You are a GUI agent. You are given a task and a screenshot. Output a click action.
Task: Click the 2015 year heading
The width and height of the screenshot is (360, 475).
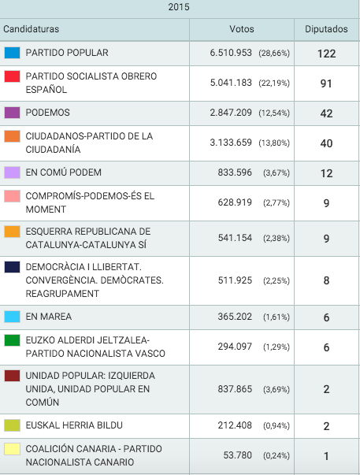179,6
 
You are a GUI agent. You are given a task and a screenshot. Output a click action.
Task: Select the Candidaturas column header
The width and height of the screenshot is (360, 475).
32,29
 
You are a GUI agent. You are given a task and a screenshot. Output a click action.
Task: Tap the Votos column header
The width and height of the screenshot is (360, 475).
242,29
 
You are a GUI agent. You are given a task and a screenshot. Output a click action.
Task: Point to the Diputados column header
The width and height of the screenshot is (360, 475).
326,29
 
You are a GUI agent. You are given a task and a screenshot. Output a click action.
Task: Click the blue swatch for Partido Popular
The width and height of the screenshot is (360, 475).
12,53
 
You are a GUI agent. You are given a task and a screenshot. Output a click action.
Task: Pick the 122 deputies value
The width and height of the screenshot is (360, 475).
326,54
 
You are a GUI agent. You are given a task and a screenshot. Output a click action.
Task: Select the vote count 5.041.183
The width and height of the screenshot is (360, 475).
231,83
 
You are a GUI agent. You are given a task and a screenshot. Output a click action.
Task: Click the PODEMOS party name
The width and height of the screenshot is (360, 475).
47,113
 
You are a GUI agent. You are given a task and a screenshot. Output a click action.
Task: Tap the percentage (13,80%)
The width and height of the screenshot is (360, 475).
274,143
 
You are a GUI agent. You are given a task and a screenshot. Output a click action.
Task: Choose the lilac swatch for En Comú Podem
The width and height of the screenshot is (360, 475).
12,173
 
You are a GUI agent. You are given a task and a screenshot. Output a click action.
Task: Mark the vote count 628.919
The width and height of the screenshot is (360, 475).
235,202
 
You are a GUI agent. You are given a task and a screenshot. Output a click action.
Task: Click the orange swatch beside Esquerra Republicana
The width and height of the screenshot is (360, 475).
12,232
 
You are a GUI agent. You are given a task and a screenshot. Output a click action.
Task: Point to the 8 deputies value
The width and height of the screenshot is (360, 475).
326,280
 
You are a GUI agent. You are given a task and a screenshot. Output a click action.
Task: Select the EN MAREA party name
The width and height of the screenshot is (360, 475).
49,317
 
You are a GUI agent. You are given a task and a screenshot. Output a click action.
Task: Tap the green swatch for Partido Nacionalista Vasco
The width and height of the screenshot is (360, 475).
12,340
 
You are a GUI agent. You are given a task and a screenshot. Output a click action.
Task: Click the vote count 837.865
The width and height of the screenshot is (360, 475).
235,389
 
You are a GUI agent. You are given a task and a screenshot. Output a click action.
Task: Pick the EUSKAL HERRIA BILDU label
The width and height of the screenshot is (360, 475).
74,425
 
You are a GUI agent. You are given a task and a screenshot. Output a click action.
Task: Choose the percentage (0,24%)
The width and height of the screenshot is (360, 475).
276,455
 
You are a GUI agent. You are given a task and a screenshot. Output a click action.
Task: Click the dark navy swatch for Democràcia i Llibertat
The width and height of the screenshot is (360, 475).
12,267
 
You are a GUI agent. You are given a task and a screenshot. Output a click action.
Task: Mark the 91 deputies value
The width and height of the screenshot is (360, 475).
326,83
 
